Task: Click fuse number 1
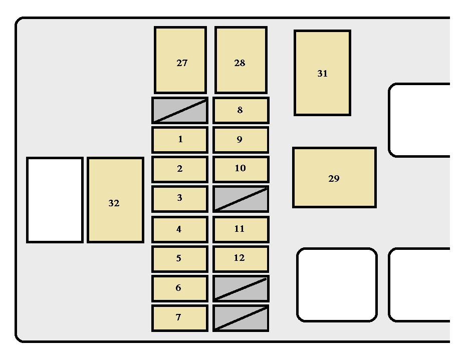tap(180, 140)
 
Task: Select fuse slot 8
tap(241, 110)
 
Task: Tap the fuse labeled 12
tap(241, 258)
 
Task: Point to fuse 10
tap(241, 169)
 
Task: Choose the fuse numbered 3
tap(180, 199)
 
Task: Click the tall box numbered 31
tap(322, 73)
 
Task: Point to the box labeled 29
tap(334, 177)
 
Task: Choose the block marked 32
tap(115, 200)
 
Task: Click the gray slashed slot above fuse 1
tap(180, 110)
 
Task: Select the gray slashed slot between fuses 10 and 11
tap(241, 199)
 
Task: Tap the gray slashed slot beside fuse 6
tap(241, 288)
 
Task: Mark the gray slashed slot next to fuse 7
tap(241, 318)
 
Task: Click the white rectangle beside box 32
tap(55, 200)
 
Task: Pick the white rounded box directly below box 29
tap(337, 284)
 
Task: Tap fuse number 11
tap(241, 229)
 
